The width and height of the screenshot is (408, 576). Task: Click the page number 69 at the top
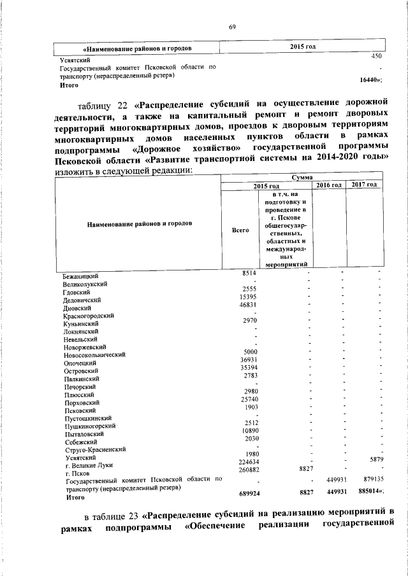pos(233,26)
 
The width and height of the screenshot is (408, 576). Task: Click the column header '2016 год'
pos(329,185)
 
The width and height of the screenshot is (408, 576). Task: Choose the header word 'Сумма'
pos(302,177)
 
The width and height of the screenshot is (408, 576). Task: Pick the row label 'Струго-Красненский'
pos(95,449)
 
